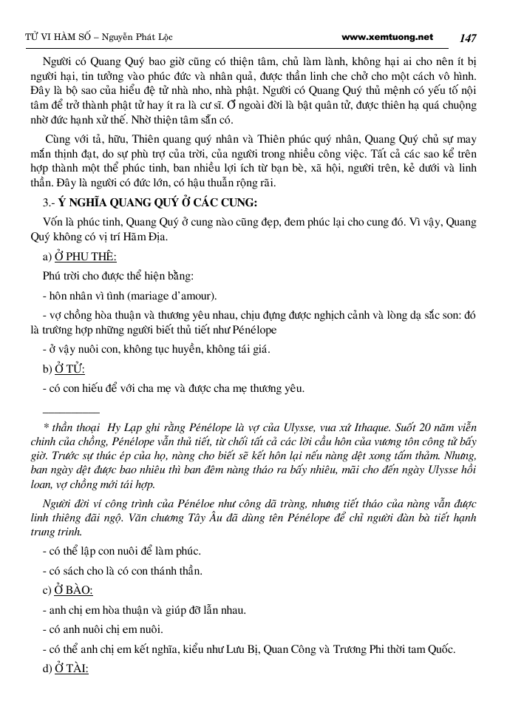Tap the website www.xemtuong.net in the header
point(387,36)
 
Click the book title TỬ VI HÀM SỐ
point(50,37)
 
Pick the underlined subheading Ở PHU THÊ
point(86,257)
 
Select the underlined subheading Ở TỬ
point(70,368)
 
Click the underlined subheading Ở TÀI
point(72,668)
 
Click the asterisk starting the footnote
point(46,428)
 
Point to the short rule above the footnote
point(71,412)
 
